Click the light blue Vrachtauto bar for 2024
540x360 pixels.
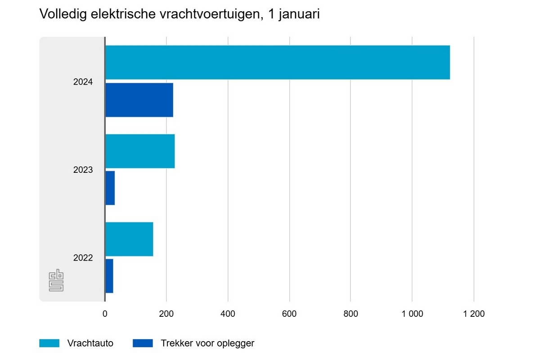point(277,62)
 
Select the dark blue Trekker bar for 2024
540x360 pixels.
point(139,100)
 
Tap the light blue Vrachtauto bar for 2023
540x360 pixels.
point(140,151)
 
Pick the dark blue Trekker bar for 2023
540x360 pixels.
point(110,188)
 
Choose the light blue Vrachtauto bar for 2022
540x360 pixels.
point(129,239)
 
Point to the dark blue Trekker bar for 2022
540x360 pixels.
point(109,276)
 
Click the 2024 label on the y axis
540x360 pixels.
point(83,82)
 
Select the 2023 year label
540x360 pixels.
point(83,170)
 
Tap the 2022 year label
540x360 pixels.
point(83,258)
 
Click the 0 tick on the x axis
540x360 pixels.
point(105,314)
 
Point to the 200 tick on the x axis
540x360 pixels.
point(166,314)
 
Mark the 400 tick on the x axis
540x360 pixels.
point(228,314)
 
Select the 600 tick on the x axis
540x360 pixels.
point(289,314)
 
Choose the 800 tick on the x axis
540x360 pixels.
point(351,314)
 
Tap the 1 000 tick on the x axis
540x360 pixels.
point(412,314)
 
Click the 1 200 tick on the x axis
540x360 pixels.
point(473,314)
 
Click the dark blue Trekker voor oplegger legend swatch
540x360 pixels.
point(143,343)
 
